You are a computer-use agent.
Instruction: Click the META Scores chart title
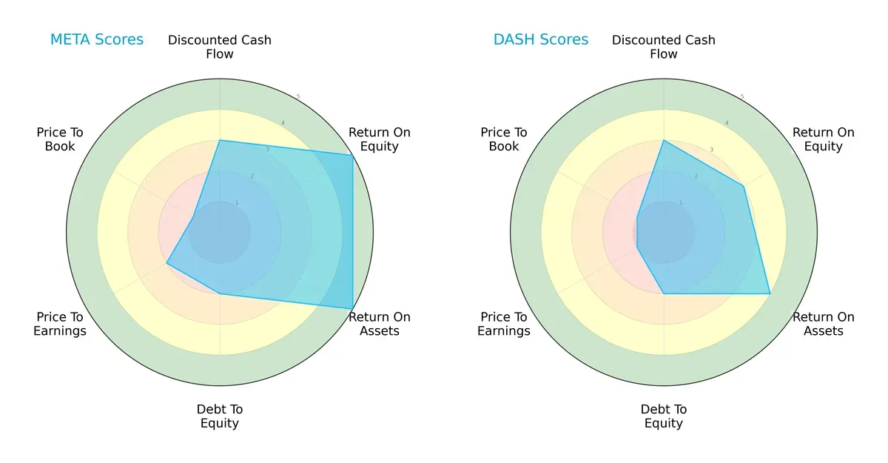click(96, 39)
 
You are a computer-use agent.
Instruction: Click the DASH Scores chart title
click(540, 39)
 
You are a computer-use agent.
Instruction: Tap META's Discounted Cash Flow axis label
click(220, 47)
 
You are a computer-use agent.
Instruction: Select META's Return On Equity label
click(379, 139)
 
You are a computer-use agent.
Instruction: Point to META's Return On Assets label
click(379, 324)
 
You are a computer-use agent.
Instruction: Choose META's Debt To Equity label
click(220, 416)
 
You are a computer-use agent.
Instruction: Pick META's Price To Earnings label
click(60, 324)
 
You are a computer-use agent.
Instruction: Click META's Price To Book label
click(60, 139)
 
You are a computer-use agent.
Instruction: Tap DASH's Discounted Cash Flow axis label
click(664, 47)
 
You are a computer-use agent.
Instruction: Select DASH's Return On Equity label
click(823, 139)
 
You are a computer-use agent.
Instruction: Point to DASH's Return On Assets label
click(823, 324)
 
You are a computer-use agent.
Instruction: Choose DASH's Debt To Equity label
click(664, 416)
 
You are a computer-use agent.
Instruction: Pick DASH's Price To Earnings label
click(504, 324)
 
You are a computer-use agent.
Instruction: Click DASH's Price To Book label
click(504, 139)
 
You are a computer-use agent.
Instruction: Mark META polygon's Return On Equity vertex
click(352, 155)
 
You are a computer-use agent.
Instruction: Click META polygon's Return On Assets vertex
click(352, 308)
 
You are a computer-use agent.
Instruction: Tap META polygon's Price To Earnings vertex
click(166, 263)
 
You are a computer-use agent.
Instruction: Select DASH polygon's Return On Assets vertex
click(770, 293)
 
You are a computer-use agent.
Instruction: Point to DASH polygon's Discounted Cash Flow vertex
click(664, 140)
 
